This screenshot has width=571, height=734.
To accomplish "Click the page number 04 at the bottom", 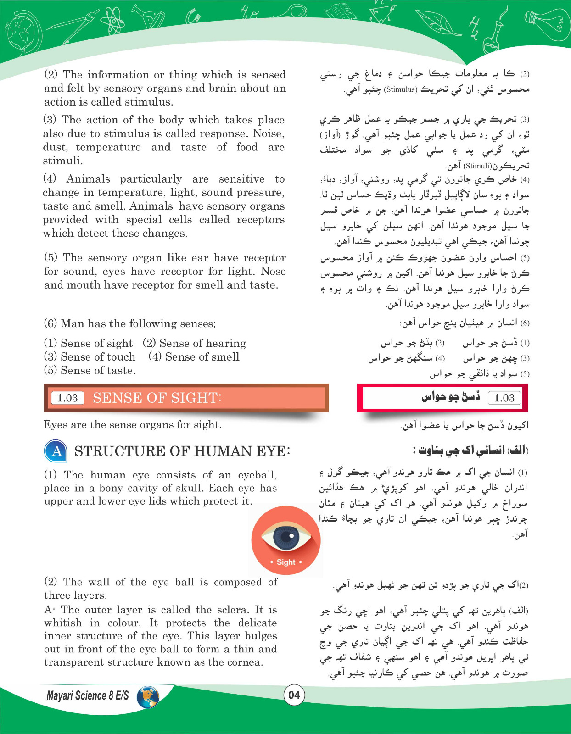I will pos(294,695).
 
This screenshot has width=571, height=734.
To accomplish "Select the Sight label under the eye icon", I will pos(286,562).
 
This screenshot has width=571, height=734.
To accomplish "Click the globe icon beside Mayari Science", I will pos(148,696).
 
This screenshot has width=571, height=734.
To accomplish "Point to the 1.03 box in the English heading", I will pos(67,398).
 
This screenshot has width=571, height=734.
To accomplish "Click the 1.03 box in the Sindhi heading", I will pos(504,398).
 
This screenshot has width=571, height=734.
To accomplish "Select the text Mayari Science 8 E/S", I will pos(88,695).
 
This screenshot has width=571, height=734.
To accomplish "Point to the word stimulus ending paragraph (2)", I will pos(148,102).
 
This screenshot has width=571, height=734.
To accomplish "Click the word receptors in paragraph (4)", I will pos(260,220).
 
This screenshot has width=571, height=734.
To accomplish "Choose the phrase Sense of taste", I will pos(98,370).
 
